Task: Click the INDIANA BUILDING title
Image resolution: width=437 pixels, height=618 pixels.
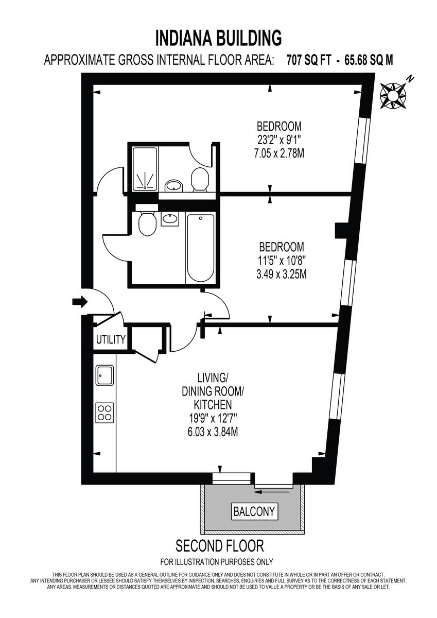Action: pyautogui.click(x=218, y=38)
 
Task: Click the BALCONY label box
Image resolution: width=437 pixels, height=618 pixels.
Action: pyautogui.click(x=255, y=512)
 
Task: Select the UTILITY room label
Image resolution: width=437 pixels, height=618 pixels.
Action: pyautogui.click(x=110, y=339)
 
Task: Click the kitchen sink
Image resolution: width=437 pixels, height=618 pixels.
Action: pyautogui.click(x=105, y=375)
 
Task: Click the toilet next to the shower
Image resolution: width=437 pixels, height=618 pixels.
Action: pyautogui.click(x=199, y=180)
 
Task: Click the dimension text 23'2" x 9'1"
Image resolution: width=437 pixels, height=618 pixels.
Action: pyautogui.click(x=279, y=139)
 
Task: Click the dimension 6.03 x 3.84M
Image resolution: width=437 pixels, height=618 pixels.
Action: pyautogui.click(x=212, y=432)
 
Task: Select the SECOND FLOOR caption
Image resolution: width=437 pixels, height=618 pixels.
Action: pyautogui.click(x=220, y=545)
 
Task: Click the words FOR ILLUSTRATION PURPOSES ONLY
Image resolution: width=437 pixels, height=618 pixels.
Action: pyautogui.click(x=217, y=562)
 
